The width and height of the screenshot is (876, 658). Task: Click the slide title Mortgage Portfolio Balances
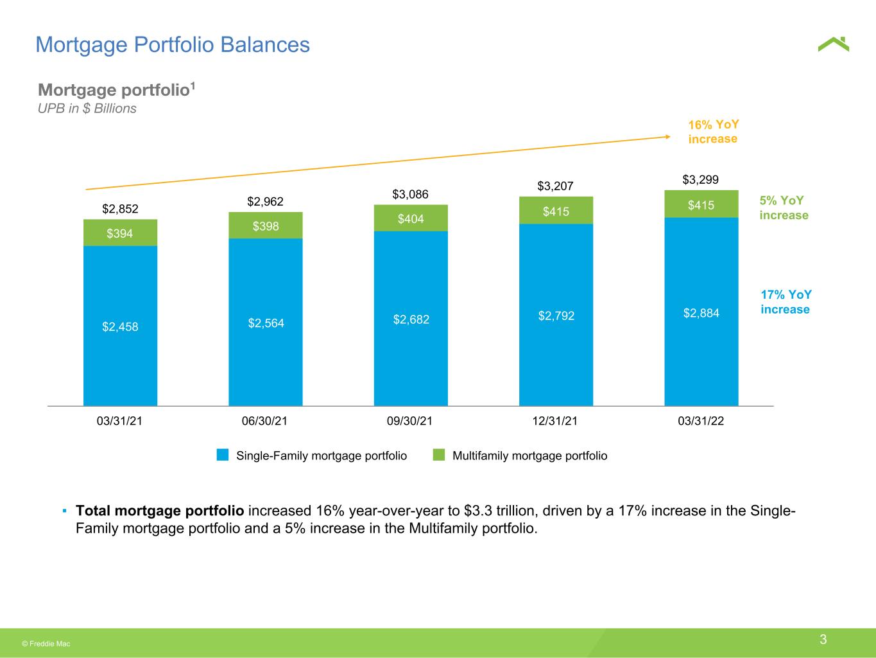pyautogui.click(x=173, y=45)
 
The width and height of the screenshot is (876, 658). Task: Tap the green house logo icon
pyautogui.click(x=833, y=44)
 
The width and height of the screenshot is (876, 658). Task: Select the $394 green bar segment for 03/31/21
pyautogui.click(x=120, y=233)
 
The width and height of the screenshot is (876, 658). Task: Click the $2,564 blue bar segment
pyautogui.click(x=266, y=322)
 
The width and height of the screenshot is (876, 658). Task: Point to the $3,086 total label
pyautogui.click(x=410, y=195)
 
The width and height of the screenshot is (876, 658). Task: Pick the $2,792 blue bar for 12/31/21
pyautogui.click(x=556, y=315)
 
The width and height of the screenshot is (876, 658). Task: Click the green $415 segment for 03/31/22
pyautogui.click(x=701, y=204)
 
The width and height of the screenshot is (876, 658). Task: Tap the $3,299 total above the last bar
pyautogui.click(x=700, y=180)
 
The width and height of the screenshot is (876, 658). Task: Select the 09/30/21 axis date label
pyautogui.click(x=409, y=421)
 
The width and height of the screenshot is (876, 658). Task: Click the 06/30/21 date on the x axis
pyautogui.click(x=264, y=421)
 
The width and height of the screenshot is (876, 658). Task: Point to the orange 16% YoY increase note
pyautogui.click(x=713, y=132)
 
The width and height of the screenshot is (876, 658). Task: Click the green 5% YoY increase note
pyautogui.click(x=784, y=208)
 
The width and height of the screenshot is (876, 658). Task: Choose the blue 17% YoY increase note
pyautogui.click(x=786, y=301)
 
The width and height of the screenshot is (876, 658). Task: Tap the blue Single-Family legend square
pyautogui.click(x=223, y=455)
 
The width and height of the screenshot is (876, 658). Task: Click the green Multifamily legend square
pyautogui.click(x=439, y=455)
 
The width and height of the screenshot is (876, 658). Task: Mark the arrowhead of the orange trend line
pyautogui.click(x=669, y=137)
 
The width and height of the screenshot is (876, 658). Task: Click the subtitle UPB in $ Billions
pyautogui.click(x=87, y=109)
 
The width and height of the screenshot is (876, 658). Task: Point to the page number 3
pyautogui.click(x=823, y=639)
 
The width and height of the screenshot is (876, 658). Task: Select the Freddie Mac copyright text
pyautogui.click(x=46, y=644)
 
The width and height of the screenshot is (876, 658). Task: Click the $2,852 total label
pyautogui.click(x=120, y=209)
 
